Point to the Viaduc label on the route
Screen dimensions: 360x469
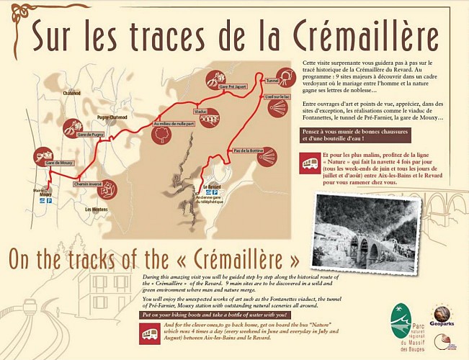pyautogui.click(x=200, y=112)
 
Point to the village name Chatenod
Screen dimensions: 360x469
pyautogui.click(x=72, y=112)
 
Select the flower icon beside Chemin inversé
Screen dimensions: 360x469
pyautogui.click(x=109, y=189)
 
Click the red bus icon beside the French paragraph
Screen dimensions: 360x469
pyautogui.click(x=311, y=163)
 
